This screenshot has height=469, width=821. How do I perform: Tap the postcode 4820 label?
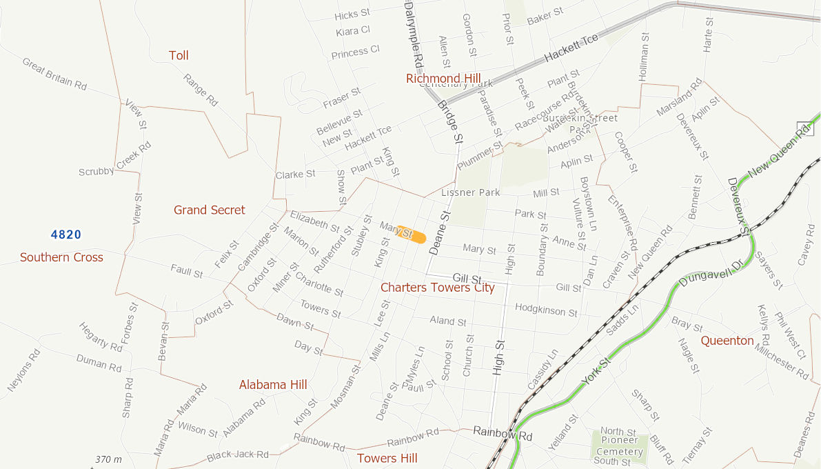[66, 234]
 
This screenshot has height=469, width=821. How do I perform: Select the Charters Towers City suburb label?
[437, 288]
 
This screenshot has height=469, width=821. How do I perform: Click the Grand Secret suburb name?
[210, 210]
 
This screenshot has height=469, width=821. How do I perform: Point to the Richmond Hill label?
[443, 79]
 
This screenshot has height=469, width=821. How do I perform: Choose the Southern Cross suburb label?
[61, 257]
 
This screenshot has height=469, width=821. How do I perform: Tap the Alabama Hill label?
[273, 384]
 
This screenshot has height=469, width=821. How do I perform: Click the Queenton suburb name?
[727, 340]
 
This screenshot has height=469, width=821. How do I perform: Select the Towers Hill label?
[387, 458]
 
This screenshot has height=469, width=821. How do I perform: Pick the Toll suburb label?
[179, 55]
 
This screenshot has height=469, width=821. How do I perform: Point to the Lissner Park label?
[471, 192]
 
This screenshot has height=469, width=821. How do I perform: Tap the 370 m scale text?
[108, 459]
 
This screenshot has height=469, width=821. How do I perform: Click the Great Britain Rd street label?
[54, 74]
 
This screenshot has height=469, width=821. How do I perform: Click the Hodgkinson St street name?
[546, 310]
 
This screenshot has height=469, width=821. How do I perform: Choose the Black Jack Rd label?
[238, 455]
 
